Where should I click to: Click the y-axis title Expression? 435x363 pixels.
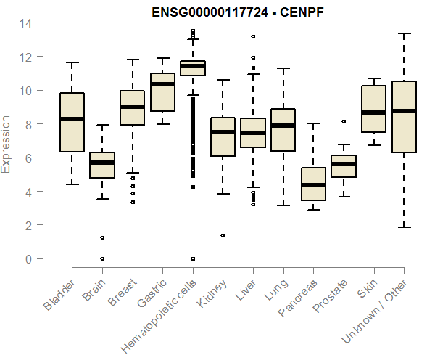[x=7, y=144]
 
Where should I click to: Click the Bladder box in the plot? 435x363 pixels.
[x=72, y=122]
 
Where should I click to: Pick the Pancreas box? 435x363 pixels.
[x=313, y=184]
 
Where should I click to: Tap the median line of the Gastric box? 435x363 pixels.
[x=162, y=84]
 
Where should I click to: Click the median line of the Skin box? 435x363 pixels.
[x=373, y=113]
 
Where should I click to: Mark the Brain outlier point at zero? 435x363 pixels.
[x=102, y=258]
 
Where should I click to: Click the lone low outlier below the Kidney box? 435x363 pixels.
[x=223, y=235]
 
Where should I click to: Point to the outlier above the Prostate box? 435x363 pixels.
[x=344, y=121]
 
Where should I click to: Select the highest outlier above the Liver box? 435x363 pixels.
[x=253, y=36]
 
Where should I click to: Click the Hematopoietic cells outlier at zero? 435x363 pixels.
[x=193, y=258]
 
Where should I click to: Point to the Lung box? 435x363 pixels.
[x=283, y=130]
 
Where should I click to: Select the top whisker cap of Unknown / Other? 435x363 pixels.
[x=404, y=33]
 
